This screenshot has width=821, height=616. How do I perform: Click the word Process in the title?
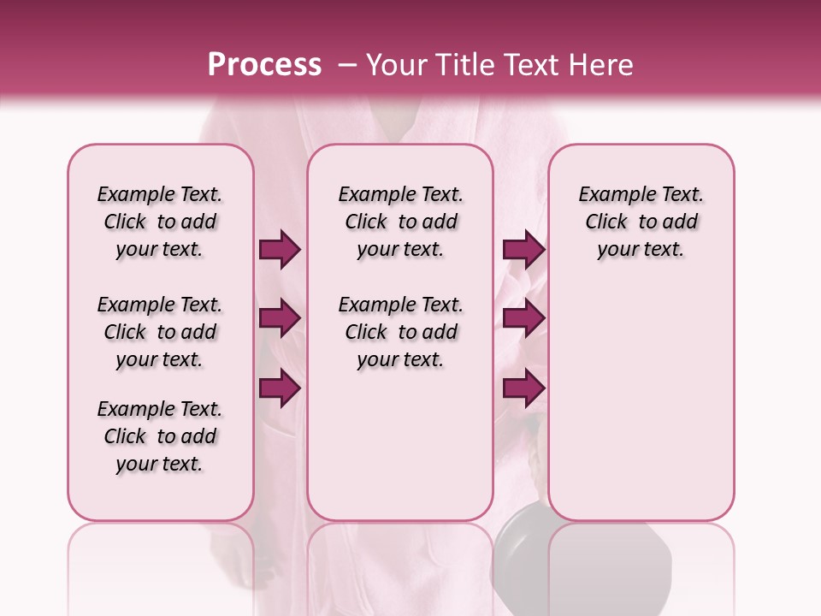264,65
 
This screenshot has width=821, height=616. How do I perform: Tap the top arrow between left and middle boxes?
280,250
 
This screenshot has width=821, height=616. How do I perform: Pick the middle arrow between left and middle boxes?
280,318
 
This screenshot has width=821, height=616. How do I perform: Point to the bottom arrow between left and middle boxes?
280,388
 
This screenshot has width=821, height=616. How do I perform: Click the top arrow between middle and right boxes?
523,250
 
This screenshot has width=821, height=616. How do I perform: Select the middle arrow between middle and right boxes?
523,318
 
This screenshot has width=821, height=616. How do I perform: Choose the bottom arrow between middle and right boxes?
523,388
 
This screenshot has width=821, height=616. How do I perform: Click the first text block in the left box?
160,222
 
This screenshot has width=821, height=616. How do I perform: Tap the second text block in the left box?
160,332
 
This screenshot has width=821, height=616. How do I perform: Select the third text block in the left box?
160,436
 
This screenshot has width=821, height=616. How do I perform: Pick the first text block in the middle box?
400,222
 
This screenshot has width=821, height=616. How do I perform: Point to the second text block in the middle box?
400,332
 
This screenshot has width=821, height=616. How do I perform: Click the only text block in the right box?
641,222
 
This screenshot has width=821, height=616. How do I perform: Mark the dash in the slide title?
346,65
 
